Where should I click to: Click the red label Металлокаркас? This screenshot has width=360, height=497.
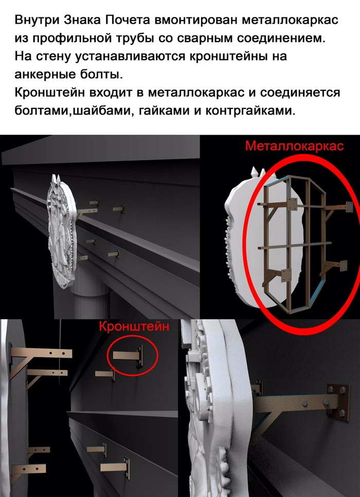pyautogui.click(x=294, y=146)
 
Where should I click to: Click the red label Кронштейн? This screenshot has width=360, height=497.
pyautogui.click(x=134, y=326)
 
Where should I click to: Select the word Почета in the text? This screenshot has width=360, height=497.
pyautogui.click(x=128, y=20)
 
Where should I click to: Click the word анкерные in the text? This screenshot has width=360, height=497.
pyautogui.click(x=44, y=74)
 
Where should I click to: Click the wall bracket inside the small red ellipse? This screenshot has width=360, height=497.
pyautogui.click(x=128, y=356)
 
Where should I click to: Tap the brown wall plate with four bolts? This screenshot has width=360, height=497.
pyautogui.click(x=338, y=402)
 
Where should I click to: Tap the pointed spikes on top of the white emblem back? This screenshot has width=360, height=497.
pyautogui.click(x=258, y=172)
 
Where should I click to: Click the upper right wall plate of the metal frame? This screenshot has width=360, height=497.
pyautogui.click(x=349, y=207)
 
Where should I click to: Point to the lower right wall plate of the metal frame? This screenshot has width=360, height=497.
pyautogui.click(x=343, y=265)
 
